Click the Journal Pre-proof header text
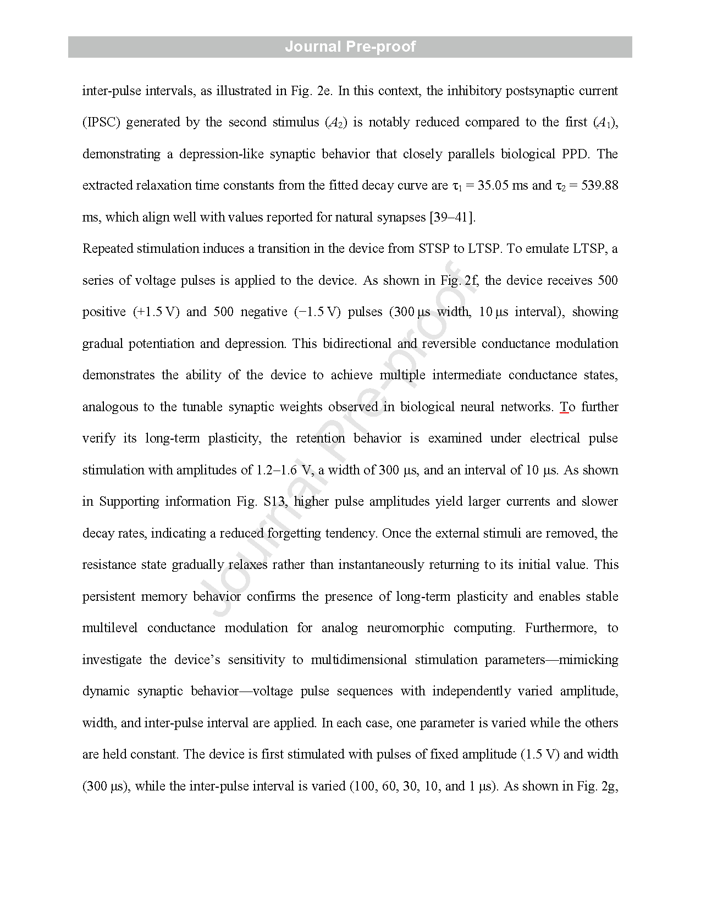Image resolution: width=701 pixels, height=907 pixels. [350, 47]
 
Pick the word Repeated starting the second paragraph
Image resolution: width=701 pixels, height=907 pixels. [107, 249]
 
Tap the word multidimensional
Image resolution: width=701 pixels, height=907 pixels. [359, 660]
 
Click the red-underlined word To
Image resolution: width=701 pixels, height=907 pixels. [567, 407]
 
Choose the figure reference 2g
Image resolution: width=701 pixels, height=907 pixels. [610, 786]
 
